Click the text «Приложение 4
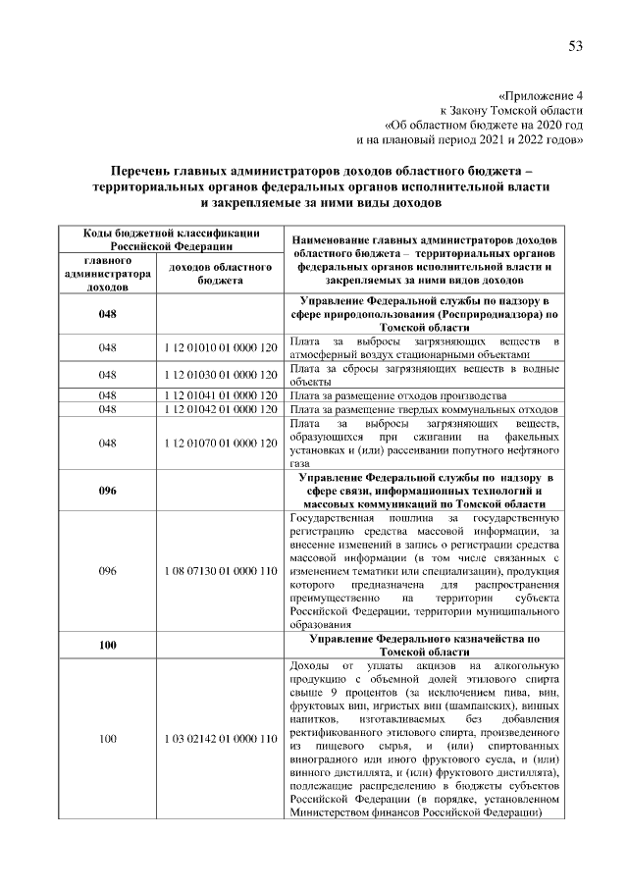pos(542,97)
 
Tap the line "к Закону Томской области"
pos(511,111)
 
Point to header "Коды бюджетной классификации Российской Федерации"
pos(164,240)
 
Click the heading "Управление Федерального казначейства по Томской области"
pos(424,645)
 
